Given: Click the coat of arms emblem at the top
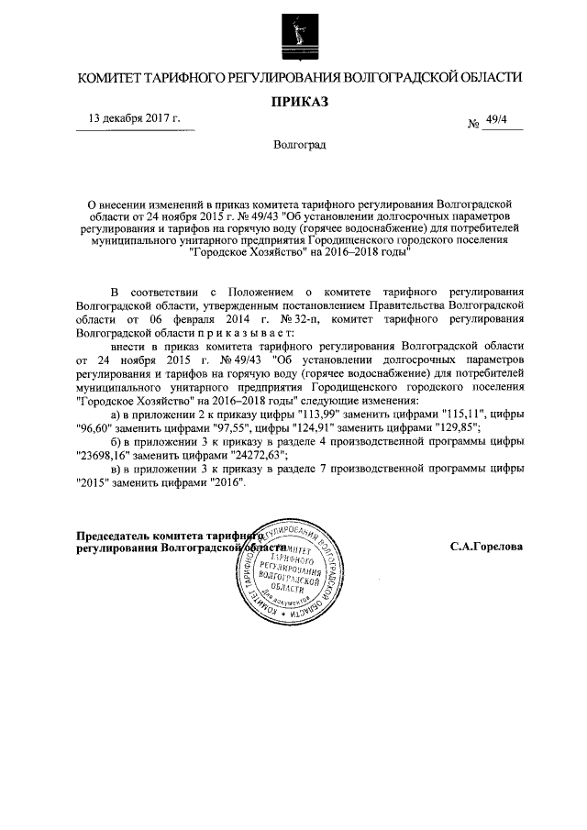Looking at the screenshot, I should [293, 38].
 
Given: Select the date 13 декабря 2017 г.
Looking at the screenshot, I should [134, 118].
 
